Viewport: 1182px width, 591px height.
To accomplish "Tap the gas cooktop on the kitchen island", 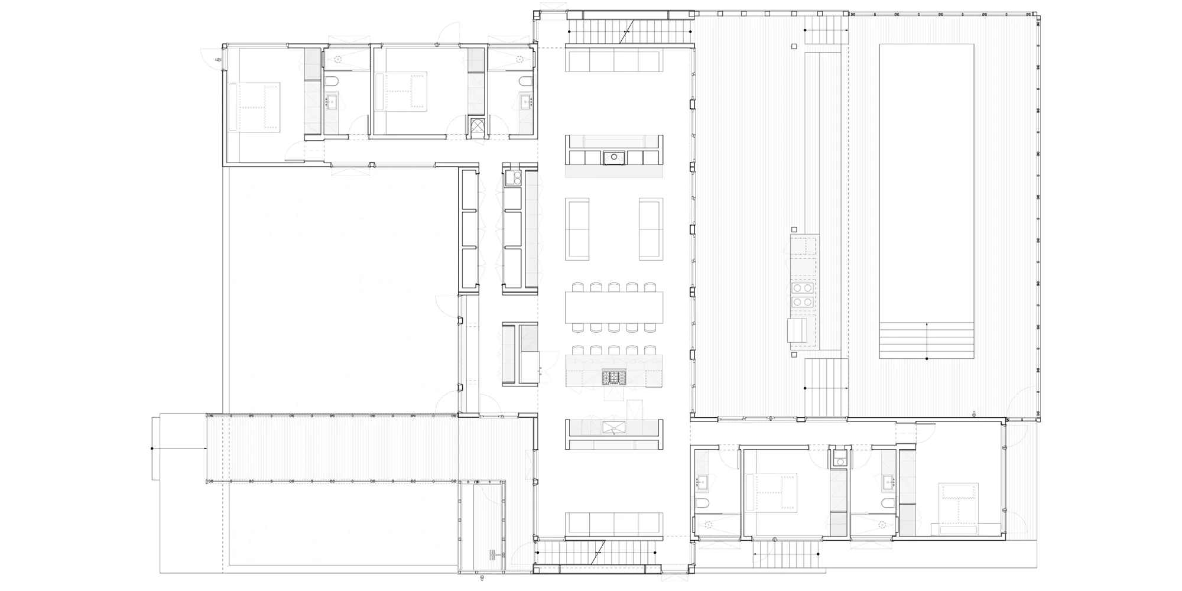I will [613, 377].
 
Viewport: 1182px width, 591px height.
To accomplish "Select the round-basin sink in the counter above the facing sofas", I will [614, 157].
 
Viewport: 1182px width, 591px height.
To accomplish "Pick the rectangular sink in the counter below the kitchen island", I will [613, 427].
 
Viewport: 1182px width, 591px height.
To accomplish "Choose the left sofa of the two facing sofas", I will [577, 229].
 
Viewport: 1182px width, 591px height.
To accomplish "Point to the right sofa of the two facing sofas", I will [651, 229].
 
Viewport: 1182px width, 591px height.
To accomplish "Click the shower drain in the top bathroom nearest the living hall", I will [520, 59].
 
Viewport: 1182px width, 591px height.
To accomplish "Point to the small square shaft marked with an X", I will [477, 125].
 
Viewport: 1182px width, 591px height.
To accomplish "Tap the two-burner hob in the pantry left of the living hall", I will [512, 178].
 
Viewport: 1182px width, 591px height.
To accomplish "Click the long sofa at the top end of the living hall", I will [614, 60].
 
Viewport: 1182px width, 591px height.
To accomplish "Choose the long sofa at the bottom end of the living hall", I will [614, 523].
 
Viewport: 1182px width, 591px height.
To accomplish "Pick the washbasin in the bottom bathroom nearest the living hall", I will [703, 482].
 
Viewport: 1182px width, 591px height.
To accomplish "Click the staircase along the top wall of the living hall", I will [629, 31].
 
